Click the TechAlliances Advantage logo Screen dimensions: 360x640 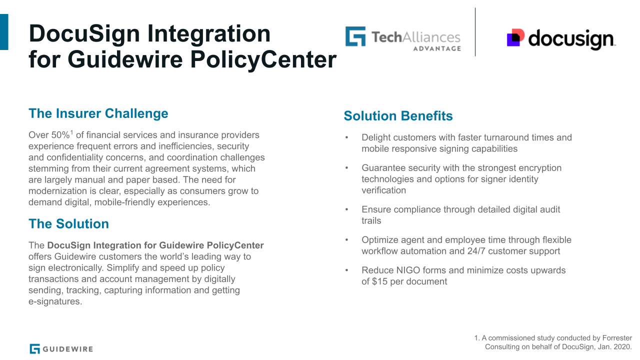[x=402, y=38]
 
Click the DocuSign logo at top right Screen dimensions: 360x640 [x=560, y=39]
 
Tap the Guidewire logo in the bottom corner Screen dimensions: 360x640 [x=61, y=348]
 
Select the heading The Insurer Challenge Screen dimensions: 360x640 [x=98, y=113]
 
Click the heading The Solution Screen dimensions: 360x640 [x=68, y=223]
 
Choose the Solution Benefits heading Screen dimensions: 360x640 [x=398, y=116]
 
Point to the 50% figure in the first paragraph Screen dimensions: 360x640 [x=61, y=135]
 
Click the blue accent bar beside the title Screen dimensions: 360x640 [x=4, y=32]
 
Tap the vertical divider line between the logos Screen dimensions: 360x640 [x=475, y=32]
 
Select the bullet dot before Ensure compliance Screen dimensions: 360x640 [x=346, y=210]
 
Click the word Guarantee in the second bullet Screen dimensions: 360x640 [x=382, y=168]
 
